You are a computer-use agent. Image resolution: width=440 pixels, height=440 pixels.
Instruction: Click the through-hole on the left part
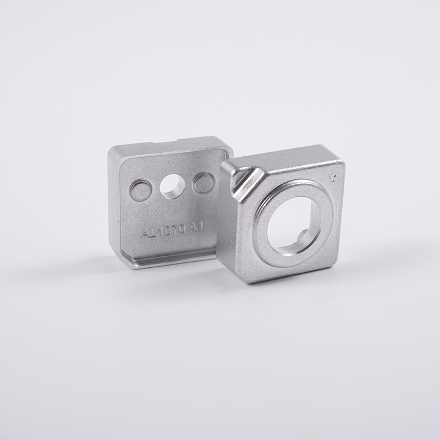[x=172, y=186]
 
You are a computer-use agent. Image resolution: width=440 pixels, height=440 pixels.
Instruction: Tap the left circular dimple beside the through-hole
[x=141, y=190]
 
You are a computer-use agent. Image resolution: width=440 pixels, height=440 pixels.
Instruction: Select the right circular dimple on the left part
[x=204, y=183]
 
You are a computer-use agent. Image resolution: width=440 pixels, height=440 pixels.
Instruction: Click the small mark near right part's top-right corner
[x=333, y=178]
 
